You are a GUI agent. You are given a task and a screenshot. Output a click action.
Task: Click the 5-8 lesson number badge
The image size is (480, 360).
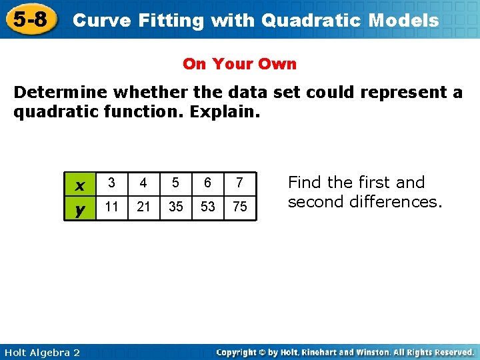click(30, 19)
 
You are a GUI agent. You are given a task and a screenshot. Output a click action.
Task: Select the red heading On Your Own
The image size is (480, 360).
click(239, 64)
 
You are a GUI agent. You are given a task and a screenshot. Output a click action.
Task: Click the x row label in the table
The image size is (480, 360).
click(80, 183)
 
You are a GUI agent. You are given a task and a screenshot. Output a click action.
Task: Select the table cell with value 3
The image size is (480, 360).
click(112, 183)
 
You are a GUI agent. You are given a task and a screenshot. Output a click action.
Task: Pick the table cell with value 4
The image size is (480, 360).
click(143, 183)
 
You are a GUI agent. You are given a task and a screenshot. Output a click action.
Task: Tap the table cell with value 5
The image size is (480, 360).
click(175, 183)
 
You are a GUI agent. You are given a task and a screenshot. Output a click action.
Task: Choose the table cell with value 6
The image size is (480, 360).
click(207, 183)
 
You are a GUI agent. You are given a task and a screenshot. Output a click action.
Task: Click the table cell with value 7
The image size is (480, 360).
click(239, 183)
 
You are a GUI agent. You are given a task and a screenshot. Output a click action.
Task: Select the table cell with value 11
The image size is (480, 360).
click(112, 207)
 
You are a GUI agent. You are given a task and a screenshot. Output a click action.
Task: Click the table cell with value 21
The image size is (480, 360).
click(143, 207)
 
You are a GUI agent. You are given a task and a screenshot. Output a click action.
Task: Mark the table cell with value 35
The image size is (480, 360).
click(175, 207)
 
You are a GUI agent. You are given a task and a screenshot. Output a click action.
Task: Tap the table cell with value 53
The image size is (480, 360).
click(207, 207)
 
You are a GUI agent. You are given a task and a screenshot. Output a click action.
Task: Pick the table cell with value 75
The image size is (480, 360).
click(239, 207)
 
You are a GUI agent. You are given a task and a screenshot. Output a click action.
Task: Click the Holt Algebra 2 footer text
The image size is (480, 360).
click(41, 352)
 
